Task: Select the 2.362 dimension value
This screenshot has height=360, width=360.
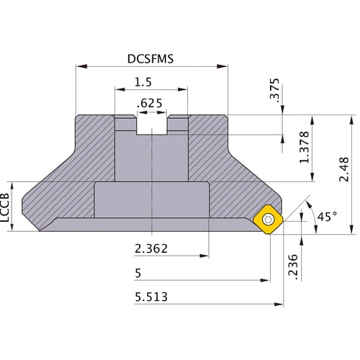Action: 152,249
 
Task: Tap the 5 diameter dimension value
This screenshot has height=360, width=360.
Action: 138,274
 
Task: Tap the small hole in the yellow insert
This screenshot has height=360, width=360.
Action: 269,218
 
